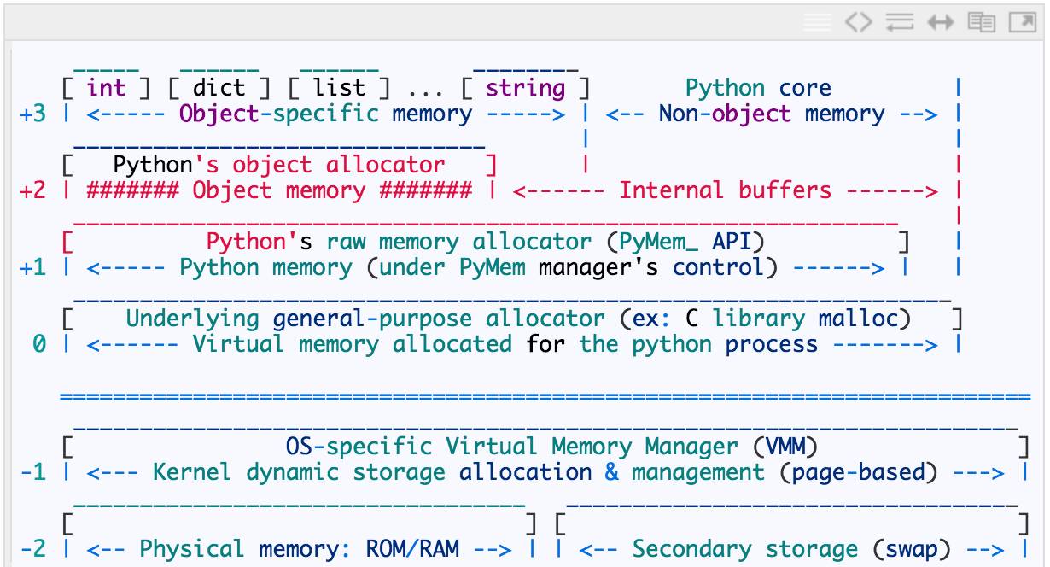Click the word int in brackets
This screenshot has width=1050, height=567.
(x=106, y=88)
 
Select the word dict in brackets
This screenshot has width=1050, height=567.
(x=219, y=88)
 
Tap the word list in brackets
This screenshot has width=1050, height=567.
(x=339, y=88)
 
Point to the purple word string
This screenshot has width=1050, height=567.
(x=526, y=88)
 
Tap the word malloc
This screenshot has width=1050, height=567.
(x=865, y=319)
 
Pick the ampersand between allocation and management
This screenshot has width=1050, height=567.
(x=612, y=471)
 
